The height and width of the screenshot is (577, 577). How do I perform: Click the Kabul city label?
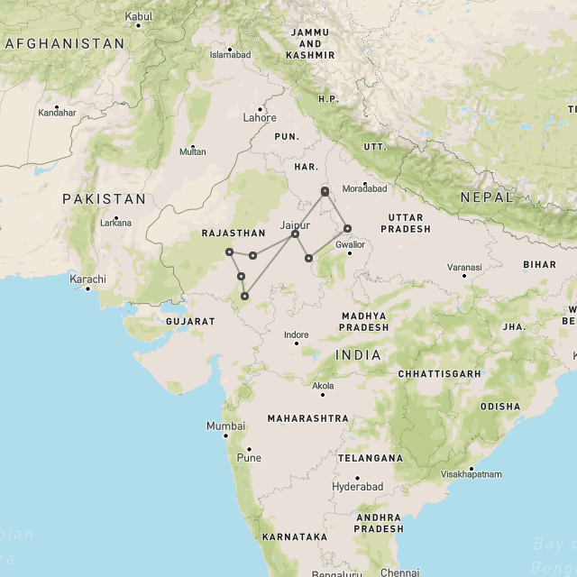click(x=139, y=16)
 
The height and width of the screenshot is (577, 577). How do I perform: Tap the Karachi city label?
click(x=88, y=279)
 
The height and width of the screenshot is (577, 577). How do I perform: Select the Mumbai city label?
click(x=225, y=426)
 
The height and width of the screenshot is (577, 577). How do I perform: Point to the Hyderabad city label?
click(x=357, y=486)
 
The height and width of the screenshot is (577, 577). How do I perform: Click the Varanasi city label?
click(x=464, y=267)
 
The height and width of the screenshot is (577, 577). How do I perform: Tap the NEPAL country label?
click(x=486, y=197)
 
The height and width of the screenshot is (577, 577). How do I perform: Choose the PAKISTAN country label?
click(x=104, y=198)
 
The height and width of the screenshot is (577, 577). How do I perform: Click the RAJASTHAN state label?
click(x=234, y=233)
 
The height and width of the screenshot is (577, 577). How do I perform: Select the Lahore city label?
click(x=260, y=117)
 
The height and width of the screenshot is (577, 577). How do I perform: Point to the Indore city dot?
click(x=297, y=343)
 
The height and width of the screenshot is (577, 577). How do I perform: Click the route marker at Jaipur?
click(x=295, y=234)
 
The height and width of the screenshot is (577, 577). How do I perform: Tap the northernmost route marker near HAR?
click(x=325, y=191)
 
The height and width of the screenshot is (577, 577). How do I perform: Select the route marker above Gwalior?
click(x=347, y=228)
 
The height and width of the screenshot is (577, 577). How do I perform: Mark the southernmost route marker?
click(x=244, y=295)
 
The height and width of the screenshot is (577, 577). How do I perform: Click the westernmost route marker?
click(x=229, y=252)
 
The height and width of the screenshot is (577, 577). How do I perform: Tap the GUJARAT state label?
click(x=190, y=321)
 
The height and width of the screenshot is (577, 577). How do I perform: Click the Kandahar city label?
click(x=57, y=113)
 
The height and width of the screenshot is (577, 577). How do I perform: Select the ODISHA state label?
click(x=499, y=406)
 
